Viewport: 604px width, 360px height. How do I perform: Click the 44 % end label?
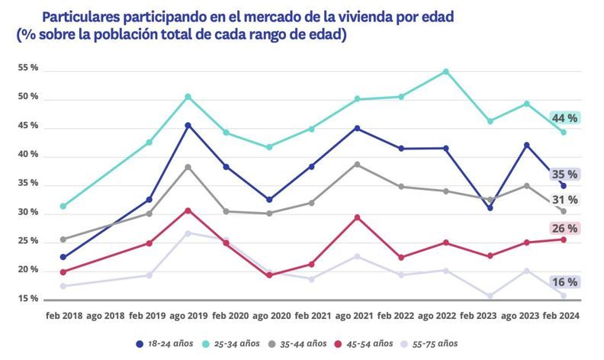565,118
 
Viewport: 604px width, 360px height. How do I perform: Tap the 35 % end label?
565,174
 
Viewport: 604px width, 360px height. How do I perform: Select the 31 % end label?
565,200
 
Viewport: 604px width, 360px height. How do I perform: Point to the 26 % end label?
565,228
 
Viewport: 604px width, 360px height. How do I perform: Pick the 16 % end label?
565,282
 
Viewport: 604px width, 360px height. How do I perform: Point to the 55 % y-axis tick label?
28,69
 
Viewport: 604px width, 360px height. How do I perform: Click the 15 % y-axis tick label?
28,298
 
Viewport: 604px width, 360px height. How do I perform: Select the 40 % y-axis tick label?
28,155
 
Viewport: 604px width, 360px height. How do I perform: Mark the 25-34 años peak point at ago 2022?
445,72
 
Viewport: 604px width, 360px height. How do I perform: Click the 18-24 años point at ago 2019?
188,125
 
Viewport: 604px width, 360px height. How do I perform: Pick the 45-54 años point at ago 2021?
357,217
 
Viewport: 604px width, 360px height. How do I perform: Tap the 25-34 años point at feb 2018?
63,206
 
